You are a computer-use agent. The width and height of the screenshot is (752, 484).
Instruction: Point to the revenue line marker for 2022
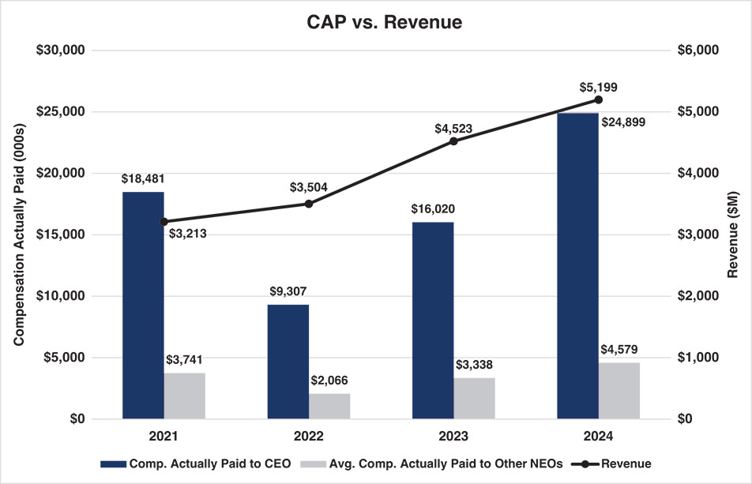pos(309,204)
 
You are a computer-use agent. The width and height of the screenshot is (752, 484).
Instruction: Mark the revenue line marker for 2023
pos(453,141)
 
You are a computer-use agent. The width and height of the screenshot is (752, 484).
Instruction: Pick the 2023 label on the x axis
pos(453,436)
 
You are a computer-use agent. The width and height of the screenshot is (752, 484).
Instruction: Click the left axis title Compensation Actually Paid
pos(18,234)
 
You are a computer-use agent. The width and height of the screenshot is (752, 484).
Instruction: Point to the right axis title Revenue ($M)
pos(733,234)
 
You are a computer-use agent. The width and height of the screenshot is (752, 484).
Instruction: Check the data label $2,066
pos(332,381)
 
